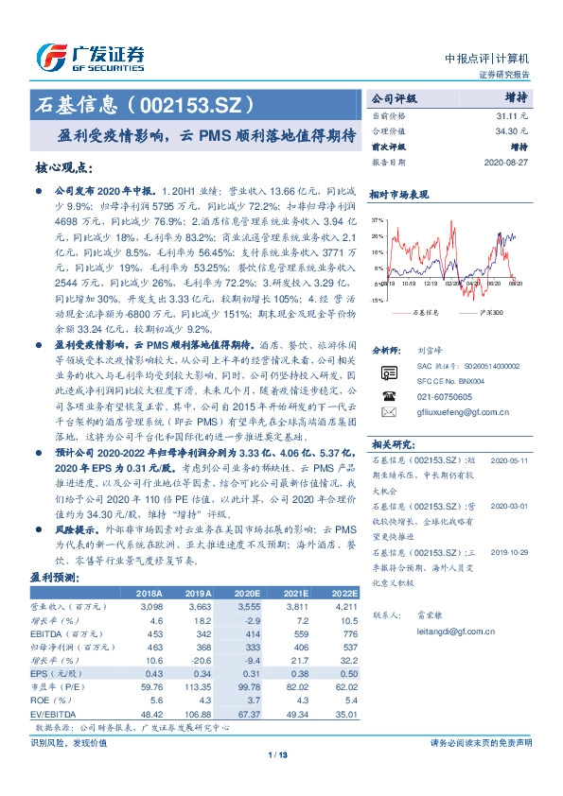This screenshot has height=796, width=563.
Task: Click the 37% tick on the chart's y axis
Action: pyautogui.click(x=378, y=219)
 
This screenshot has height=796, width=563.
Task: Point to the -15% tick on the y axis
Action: pyautogui.click(x=377, y=299)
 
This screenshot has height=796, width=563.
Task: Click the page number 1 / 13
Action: pyautogui.click(x=281, y=753)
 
